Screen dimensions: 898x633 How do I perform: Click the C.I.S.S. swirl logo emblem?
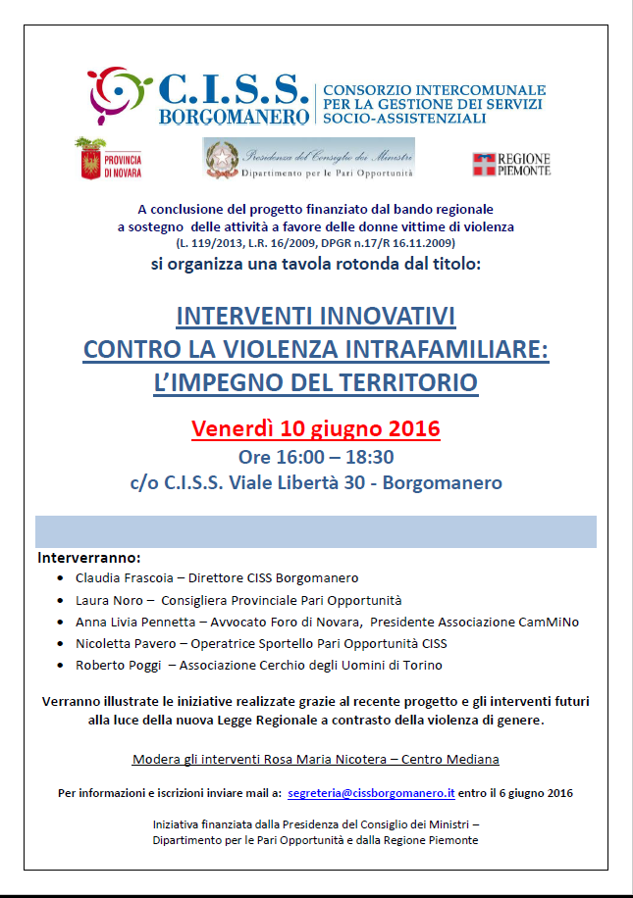pos(117,92)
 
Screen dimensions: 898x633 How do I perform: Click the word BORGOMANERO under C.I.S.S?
pos(234,116)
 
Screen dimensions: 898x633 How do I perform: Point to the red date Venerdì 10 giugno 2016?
pos(315,429)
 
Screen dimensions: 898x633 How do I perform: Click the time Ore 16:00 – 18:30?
pos(316,457)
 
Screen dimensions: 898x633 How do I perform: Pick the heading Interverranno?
pos(89,558)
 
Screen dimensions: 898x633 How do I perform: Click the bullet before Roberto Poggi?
pos(62,666)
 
